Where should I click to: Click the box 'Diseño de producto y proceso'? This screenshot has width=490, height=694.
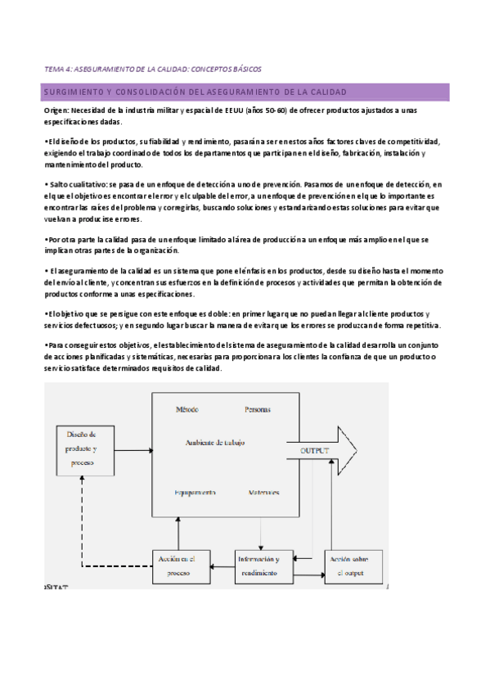click(82, 449)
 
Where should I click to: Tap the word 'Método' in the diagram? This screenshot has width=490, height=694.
click(187, 408)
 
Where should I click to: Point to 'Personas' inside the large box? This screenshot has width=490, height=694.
click(257, 408)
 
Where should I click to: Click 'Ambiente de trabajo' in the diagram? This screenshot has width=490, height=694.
click(216, 442)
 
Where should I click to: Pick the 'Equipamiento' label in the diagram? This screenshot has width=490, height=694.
click(195, 492)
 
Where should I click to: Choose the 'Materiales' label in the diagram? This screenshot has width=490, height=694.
click(263, 492)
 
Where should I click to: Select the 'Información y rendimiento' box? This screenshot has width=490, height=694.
click(260, 566)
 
